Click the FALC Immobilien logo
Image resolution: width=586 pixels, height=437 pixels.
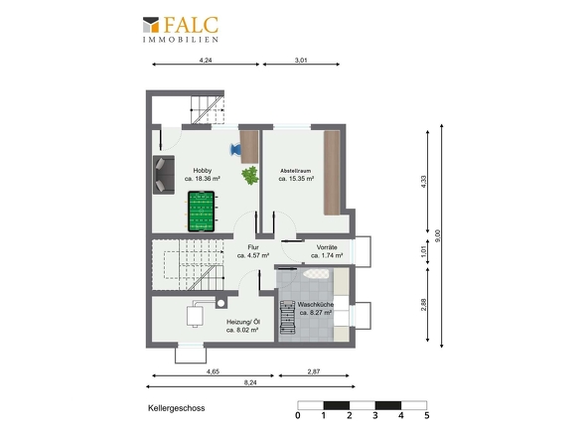point(181,29)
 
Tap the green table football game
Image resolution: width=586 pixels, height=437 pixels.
point(201,212)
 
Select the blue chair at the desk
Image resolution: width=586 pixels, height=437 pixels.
point(235,150)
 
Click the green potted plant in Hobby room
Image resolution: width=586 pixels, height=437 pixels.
point(250,175)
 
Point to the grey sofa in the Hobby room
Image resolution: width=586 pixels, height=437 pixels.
point(164,175)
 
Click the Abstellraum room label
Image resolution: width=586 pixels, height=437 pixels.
point(295,171)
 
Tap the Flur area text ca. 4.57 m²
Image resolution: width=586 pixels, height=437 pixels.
point(253,255)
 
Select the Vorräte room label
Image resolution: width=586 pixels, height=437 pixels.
point(327,247)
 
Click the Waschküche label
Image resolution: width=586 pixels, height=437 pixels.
point(316,304)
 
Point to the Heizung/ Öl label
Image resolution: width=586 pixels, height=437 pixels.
point(243,322)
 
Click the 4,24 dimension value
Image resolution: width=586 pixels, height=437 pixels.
point(206,60)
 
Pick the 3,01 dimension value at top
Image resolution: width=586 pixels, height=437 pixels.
point(301,60)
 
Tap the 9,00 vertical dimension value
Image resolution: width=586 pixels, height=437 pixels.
point(438,235)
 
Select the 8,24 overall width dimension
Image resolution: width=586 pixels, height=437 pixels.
point(250,382)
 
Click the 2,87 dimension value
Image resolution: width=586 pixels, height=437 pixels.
point(314,371)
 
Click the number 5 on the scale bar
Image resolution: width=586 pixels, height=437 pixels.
point(427,415)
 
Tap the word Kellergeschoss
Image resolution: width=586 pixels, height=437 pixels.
point(177,408)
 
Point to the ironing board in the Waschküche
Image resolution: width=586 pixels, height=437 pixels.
point(316,274)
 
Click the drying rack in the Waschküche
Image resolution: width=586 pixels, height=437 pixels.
point(287,317)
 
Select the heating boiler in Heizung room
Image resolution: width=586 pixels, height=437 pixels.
point(195,316)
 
